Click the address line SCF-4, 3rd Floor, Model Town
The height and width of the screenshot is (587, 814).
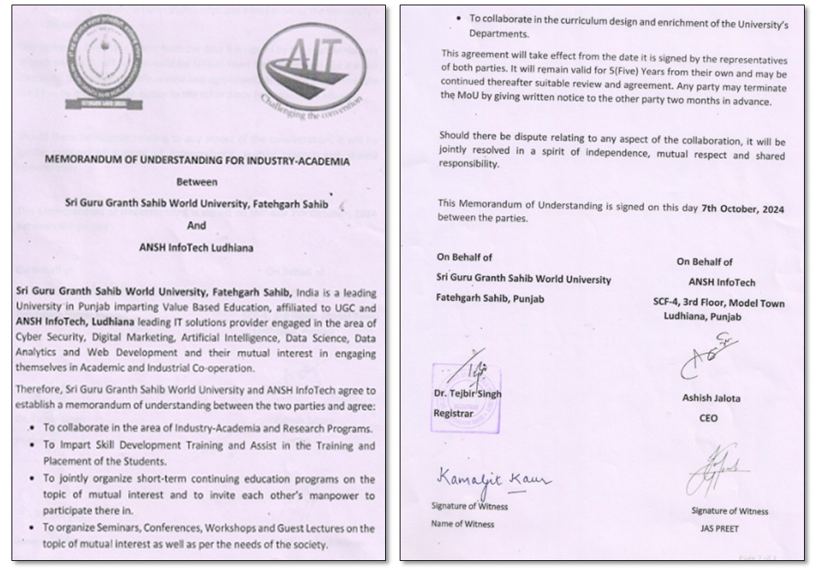[x=713, y=303]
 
